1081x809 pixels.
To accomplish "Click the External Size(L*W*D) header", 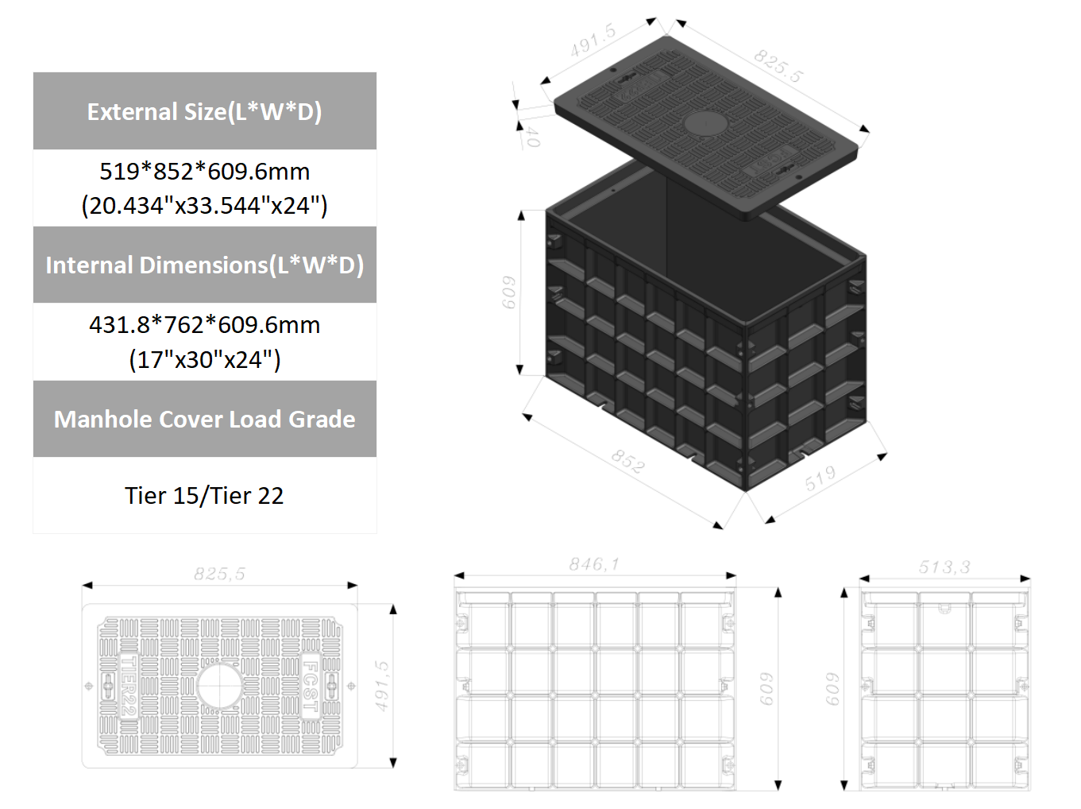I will (x=204, y=111).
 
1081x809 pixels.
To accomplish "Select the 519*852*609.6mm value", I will (x=204, y=171).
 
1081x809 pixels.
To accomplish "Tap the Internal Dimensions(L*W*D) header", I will (x=204, y=265).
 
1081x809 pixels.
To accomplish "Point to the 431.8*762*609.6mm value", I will (x=204, y=325).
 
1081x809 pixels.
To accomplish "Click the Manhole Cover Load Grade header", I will (x=204, y=419).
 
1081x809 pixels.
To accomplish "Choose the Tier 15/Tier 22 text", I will (x=204, y=495).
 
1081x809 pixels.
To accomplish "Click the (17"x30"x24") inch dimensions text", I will (x=204, y=359).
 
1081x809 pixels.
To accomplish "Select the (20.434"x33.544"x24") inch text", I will (x=204, y=205).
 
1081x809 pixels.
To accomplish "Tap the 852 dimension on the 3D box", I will (x=627, y=461).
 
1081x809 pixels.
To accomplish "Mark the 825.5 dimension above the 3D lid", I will (x=778, y=65).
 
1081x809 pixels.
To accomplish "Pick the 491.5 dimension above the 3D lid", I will (x=593, y=41).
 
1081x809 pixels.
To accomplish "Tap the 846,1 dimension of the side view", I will (x=593, y=564).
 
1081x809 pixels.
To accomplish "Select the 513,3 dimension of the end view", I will (x=944, y=567).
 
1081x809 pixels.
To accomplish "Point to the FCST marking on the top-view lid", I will (x=311, y=685).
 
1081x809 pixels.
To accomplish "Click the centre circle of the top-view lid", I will (x=219, y=686).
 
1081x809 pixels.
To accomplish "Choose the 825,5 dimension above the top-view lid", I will (x=219, y=574).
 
